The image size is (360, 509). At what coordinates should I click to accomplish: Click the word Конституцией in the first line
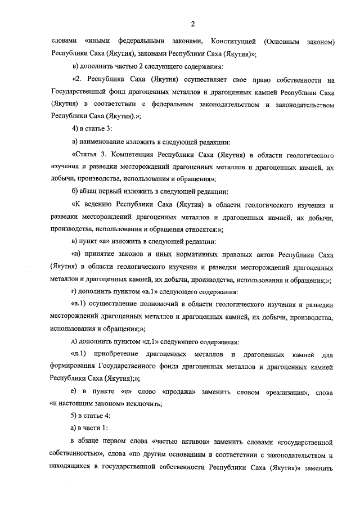[x=234, y=42]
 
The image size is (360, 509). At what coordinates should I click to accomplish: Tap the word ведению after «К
[x=101, y=205]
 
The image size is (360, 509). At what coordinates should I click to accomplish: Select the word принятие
[x=107, y=254]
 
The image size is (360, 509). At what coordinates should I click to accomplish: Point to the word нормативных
[x=193, y=254]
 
